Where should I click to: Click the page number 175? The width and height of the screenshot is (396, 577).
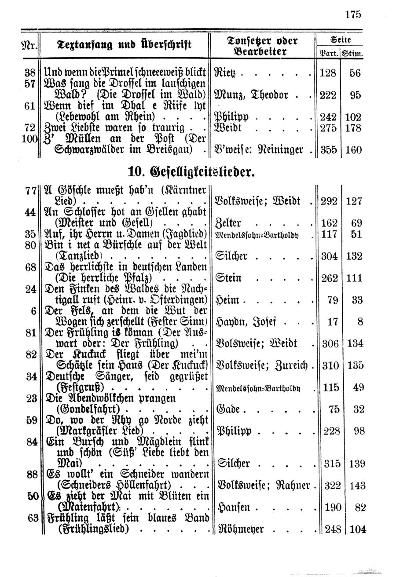tap(353, 14)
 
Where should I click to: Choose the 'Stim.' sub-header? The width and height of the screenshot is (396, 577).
tap(356, 55)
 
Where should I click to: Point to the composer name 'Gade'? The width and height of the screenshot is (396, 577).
tap(228, 409)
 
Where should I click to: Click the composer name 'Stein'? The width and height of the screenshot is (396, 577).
tap(228, 278)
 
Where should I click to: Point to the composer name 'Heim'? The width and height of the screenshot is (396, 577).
tap(228, 300)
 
